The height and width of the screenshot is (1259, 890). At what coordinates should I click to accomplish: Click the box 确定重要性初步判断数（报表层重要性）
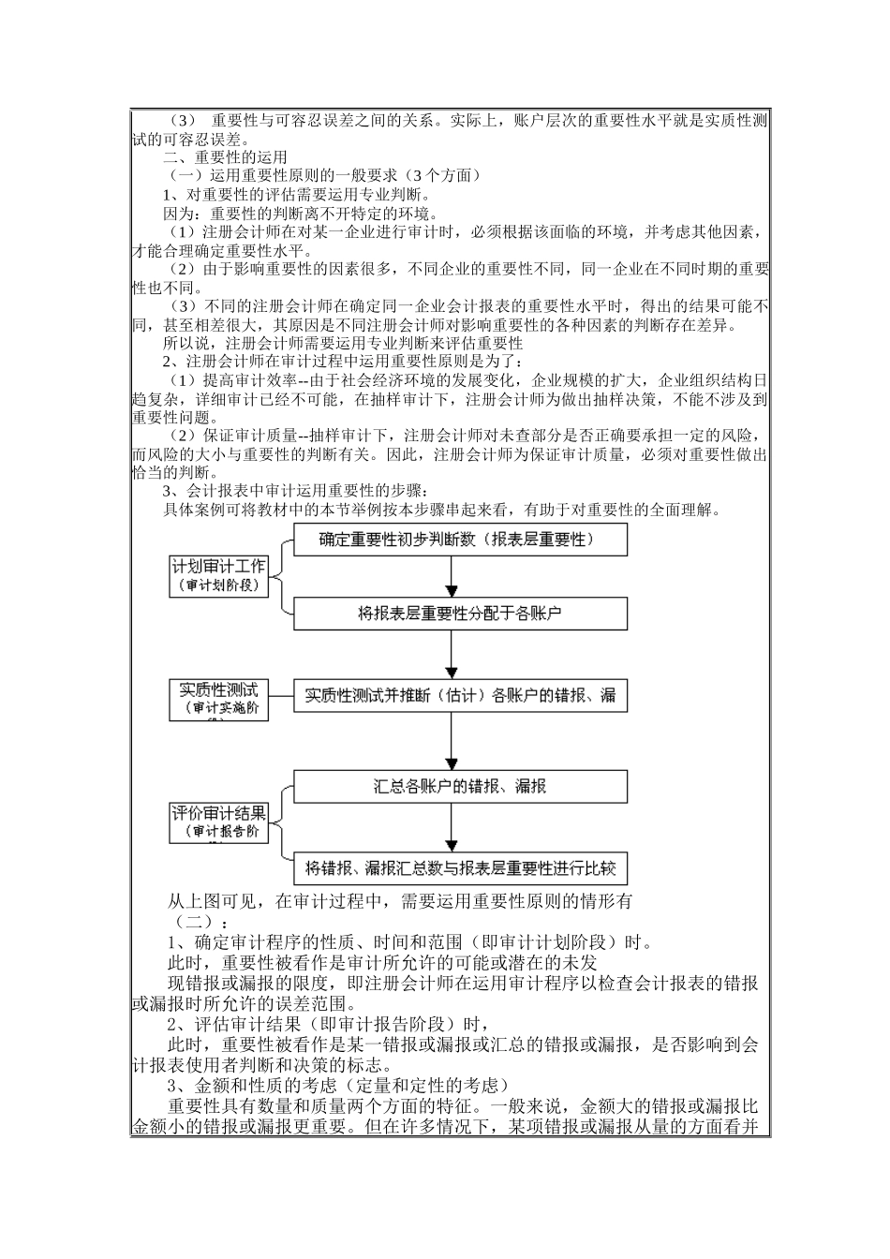(460, 540)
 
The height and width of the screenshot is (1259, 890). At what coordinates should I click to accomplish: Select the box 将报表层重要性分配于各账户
(460, 615)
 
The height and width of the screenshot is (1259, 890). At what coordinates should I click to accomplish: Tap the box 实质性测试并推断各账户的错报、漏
(460, 696)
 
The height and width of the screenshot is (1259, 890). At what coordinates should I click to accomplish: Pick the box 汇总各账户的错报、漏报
(460, 787)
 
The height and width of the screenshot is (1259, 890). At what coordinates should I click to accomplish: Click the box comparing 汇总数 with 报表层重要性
(460, 868)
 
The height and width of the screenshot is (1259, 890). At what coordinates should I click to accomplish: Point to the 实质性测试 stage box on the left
(218, 699)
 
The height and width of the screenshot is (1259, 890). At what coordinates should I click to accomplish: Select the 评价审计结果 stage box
(218, 822)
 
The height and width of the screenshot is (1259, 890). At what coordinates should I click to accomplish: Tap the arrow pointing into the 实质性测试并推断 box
(452, 656)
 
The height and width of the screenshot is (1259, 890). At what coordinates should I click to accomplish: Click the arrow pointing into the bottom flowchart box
(452, 828)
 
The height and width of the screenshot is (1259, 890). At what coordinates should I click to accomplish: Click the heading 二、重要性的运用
(225, 157)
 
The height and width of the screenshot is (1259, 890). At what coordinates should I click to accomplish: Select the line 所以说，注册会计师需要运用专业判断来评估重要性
(343, 344)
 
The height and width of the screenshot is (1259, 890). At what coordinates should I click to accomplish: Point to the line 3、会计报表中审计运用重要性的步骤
(295, 491)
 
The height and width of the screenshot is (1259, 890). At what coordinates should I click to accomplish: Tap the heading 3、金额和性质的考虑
(337, 1086)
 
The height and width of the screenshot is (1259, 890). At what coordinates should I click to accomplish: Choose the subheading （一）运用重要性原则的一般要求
(324, 176)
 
